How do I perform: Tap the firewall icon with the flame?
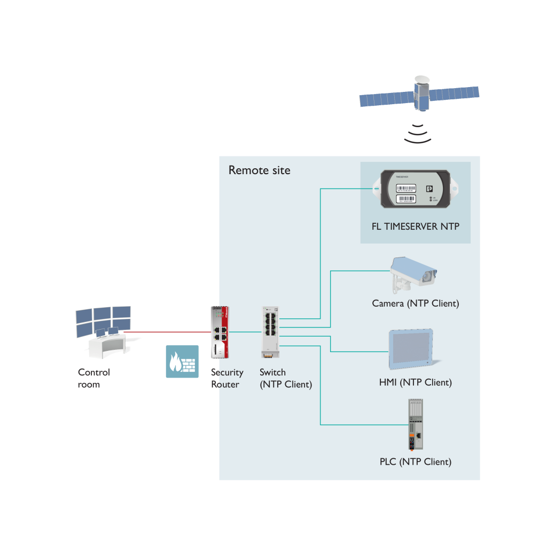click(x=182, y=362)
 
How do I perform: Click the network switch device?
click(x=271, y=332)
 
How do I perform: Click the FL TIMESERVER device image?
click(x=415, y=189)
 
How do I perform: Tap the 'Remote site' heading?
click(x=259, y=170)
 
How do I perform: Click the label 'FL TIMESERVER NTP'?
click(x=415, y=226)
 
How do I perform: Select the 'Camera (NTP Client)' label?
click(x=415, y=303)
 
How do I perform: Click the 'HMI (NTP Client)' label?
click(x=415, y=382)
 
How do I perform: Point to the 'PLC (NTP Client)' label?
click(x=415, y=462)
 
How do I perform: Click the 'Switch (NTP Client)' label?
click(x=285, y=378)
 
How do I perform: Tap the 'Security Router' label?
click(x=227, y=378)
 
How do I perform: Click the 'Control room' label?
click(x=93, y=378)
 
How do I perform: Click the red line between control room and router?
click(x=166, y=332)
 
